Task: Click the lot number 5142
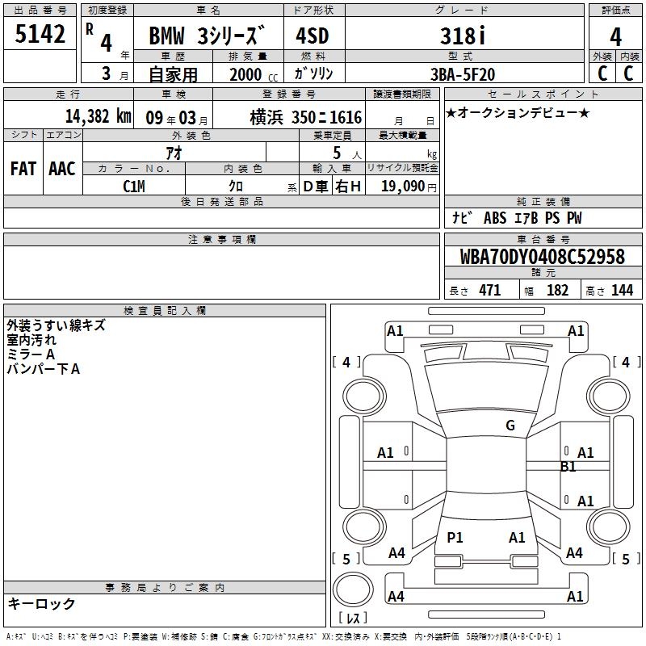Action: pyautogui.click(x=40, y=34)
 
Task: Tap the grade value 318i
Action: pyautogui.click(x=463, y=36)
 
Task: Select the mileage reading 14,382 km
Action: pyautogui.click(x=98, y=116)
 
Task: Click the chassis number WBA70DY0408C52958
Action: pyautogui.click(x=542, y=256)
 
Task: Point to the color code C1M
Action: pyautogui.click(x=134, y=187)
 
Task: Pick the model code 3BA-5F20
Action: pyautogui.click(x=463, y=74)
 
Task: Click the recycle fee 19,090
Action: pyautogui.click(x=403, y=186)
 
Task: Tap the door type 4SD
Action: pyautogui.click(x=313, y=36)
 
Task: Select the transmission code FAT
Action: pyautogui.click(x=23, y=169)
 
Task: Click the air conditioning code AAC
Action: pyautogui.click(x=62, y=169)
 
